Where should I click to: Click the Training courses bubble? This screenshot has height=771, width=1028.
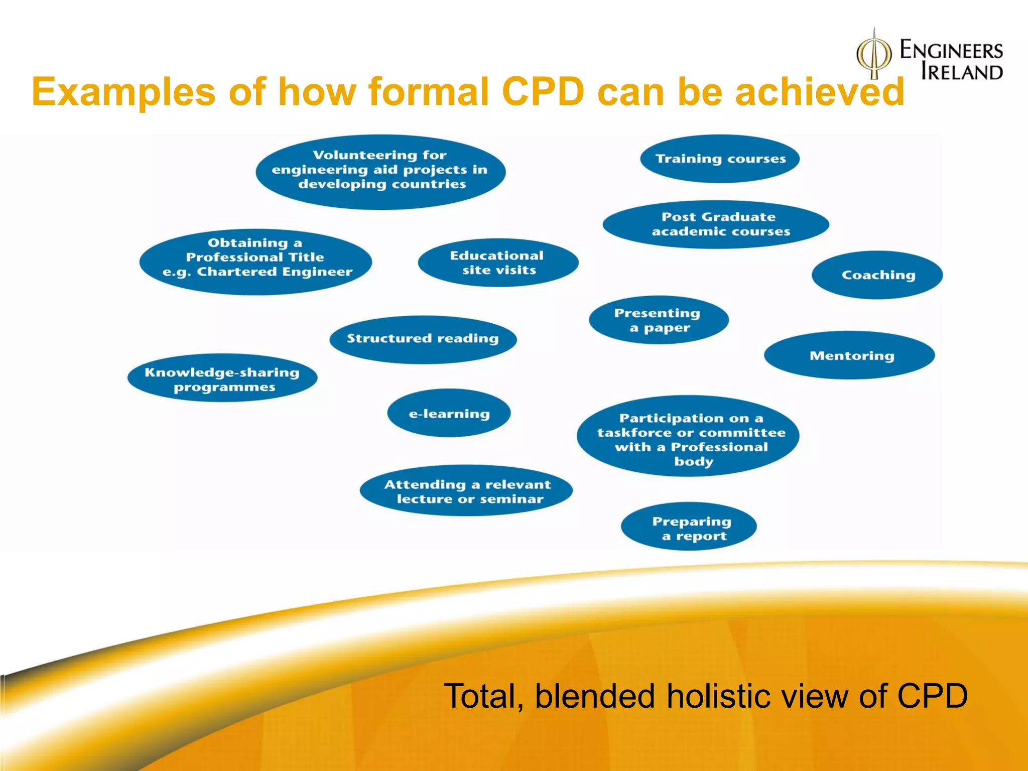point(720,159)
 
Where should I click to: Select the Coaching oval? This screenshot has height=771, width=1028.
point(877,275)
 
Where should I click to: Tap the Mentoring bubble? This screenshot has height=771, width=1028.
point(850,355)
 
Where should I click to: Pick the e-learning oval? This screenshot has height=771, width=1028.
point(449,413)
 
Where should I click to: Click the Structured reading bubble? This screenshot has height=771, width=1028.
point(423,339)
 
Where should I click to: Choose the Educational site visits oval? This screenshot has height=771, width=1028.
point(498,263)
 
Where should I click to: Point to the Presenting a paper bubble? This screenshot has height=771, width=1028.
point(658,320)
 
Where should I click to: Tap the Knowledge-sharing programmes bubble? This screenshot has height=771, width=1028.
point(222,379)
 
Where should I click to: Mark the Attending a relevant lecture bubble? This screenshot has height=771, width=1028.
point(467,491)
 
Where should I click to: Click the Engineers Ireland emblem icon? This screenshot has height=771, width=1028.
point(874,55)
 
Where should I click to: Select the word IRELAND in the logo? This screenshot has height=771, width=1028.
point(962,72)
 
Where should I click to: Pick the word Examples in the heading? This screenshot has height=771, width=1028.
point(123,92)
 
